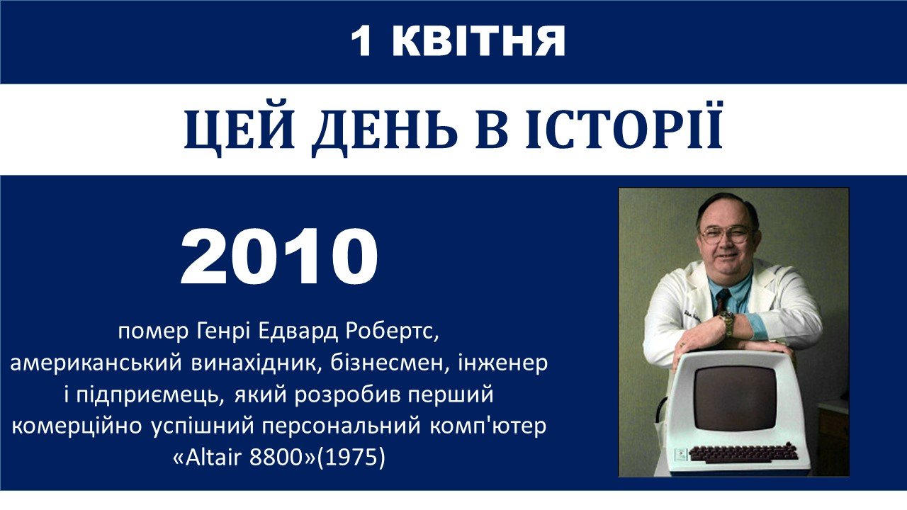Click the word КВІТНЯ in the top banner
coord(478,41)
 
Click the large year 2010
coord(279,257)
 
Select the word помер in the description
coord(154,332)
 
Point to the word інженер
coord(502,363)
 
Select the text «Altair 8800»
coord(244,458)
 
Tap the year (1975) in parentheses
coord(351,458)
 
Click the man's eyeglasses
coord(726,234)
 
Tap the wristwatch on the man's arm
coord(728,324)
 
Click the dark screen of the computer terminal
coord(735,398)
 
